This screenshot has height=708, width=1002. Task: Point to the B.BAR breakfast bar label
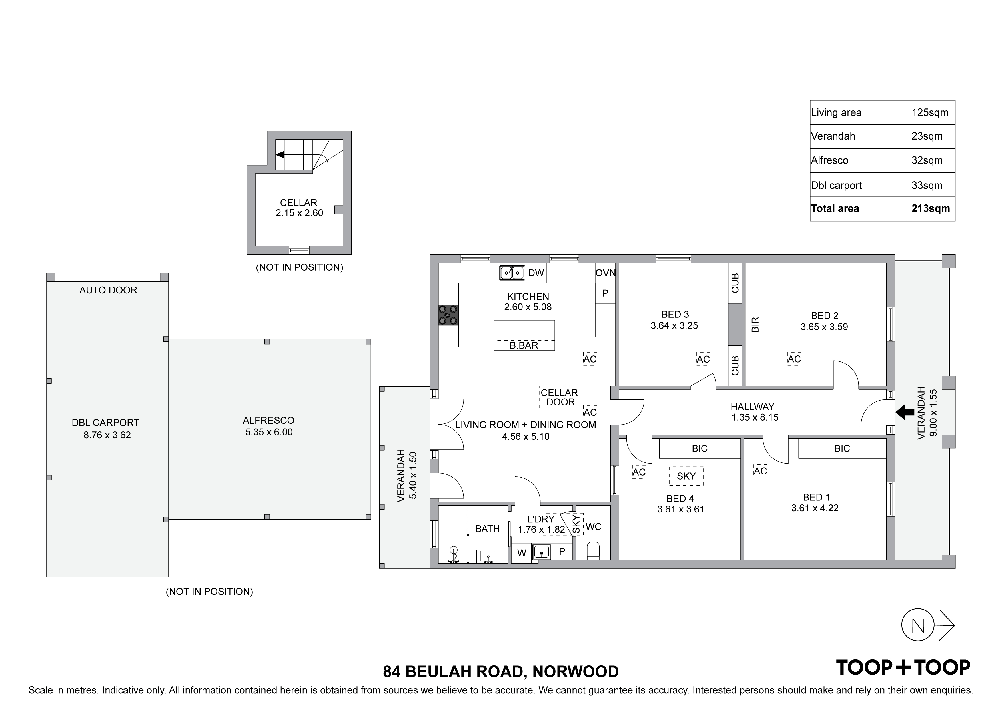tap(524, 345)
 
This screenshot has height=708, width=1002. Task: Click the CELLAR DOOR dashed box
tap(560, 397)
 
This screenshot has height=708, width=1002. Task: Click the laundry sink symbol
tap(541, 552)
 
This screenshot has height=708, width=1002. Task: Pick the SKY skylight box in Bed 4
tap(686, 476)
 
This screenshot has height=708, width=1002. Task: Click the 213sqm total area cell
tap(930, 208)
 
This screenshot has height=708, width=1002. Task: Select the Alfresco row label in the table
tap(829, 160)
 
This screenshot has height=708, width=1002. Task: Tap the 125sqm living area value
tap(930, 112)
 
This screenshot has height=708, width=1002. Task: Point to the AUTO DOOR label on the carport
tap(108, 290)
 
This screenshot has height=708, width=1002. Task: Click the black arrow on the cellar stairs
tap(280, 154)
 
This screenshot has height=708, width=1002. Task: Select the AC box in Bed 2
tap(794, 359)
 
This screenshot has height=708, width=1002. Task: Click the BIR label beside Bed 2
tap(755, 325)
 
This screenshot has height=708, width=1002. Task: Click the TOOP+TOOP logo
tap(903, 667)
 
